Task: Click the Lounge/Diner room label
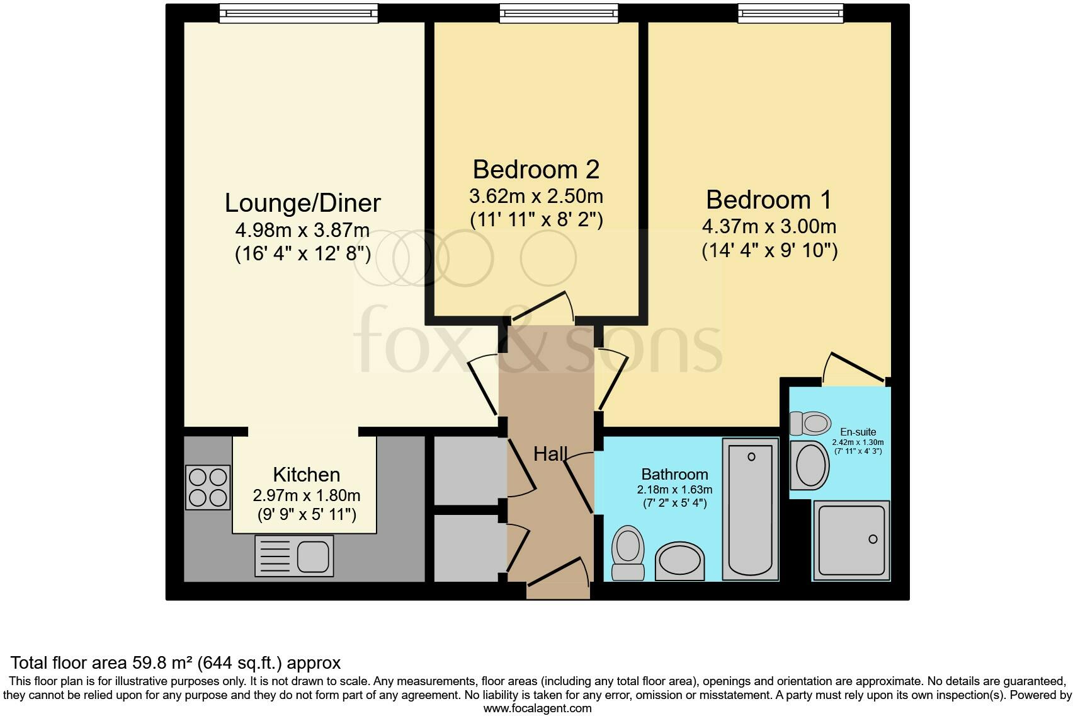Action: (302, 203)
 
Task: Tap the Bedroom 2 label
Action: (536, 170)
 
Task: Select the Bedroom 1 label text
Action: (769, 200)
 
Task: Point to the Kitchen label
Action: (307, 475)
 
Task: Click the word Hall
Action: (550, 454)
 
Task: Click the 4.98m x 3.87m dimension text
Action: (302, 230)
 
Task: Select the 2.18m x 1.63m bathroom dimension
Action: (674, 490)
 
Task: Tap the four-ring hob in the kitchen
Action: (208, 487)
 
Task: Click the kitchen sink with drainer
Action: (294, 556)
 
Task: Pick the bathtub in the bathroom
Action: (751, 509)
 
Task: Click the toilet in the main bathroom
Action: (628, 553)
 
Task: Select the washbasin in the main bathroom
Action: (679, 561)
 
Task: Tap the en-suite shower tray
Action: (851, 541)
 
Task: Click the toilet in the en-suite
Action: (810, 424)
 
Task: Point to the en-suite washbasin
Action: (810, 465)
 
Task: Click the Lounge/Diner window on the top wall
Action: (298, 13)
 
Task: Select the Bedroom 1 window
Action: (790, 13)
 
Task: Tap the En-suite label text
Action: (858, 432)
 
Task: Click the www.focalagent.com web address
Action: (538, 708)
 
